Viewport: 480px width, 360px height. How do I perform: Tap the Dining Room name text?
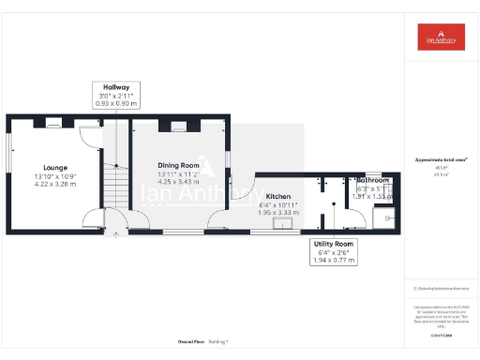pos(179,165)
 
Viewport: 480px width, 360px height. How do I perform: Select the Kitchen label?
pos(277,197)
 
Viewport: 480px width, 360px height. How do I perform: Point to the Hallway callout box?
pos(116,95)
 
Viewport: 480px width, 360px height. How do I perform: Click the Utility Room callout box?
pos(333,250)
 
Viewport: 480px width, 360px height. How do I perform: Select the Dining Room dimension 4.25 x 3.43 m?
pos(179,181)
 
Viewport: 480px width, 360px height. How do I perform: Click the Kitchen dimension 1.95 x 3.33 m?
pos(277,213)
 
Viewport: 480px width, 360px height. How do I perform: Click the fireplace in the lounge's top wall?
pos(54,122)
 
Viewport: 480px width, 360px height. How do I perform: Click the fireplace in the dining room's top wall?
pos(179,123)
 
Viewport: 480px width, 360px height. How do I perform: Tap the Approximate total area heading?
pos(442,160)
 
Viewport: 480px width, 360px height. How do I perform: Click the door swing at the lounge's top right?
pos(87,137)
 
